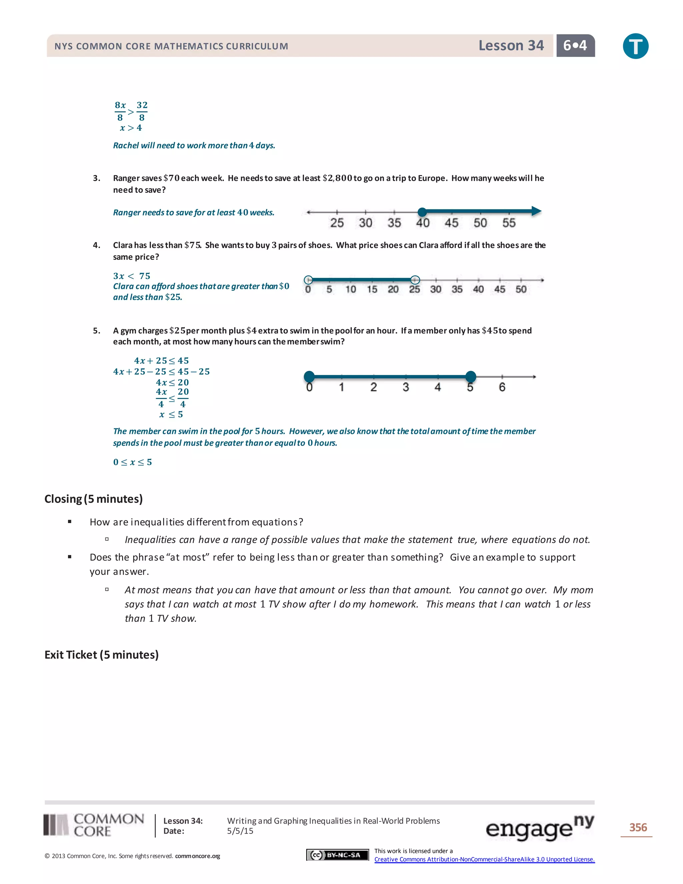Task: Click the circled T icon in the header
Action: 635,46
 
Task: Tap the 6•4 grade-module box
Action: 575,45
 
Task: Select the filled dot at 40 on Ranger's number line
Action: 422,212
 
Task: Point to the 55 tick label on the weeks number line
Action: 509,223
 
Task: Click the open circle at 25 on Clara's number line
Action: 415,280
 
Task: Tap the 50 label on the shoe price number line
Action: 521,290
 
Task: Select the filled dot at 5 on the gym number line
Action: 470,376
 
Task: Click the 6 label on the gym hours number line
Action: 502,387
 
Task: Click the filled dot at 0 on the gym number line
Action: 309,376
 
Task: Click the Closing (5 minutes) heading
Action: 93,499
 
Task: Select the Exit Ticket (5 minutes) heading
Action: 102,654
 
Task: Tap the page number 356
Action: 638,827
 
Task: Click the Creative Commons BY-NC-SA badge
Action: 337,855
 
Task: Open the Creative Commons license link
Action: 484,859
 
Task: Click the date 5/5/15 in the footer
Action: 240,831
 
